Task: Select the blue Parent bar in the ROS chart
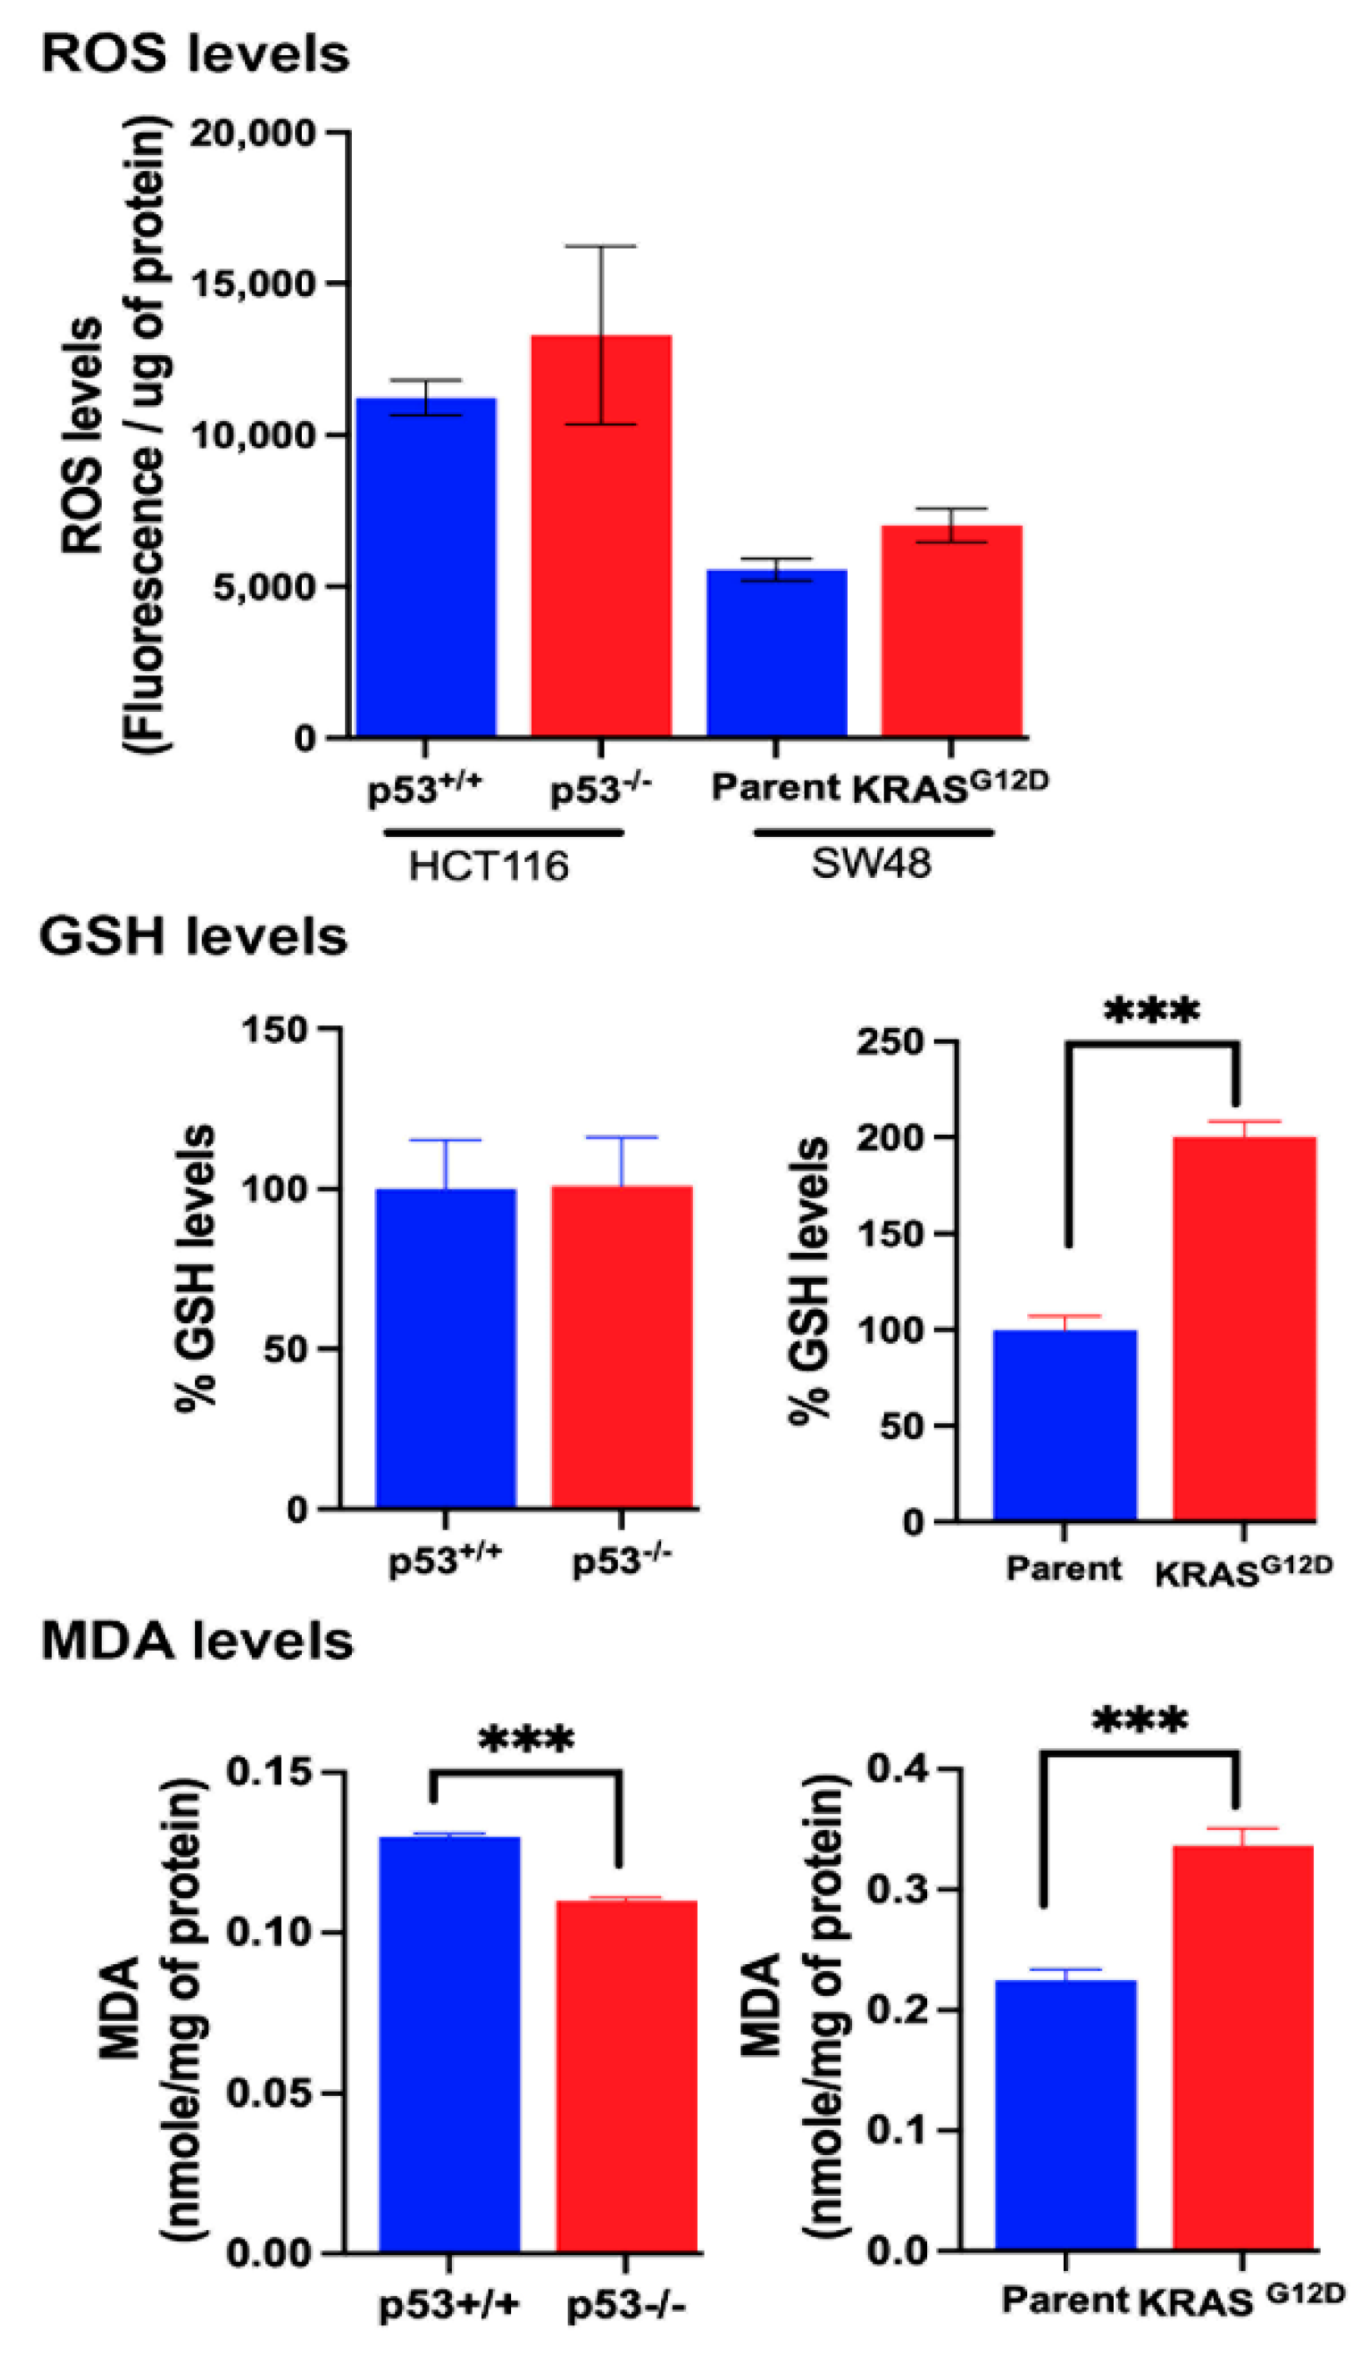point(776,654)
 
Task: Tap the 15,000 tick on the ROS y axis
point(253,283)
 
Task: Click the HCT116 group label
point(489,866)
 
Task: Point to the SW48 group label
point(870,864)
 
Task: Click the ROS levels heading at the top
point(195,54)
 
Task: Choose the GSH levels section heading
point(193,937)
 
